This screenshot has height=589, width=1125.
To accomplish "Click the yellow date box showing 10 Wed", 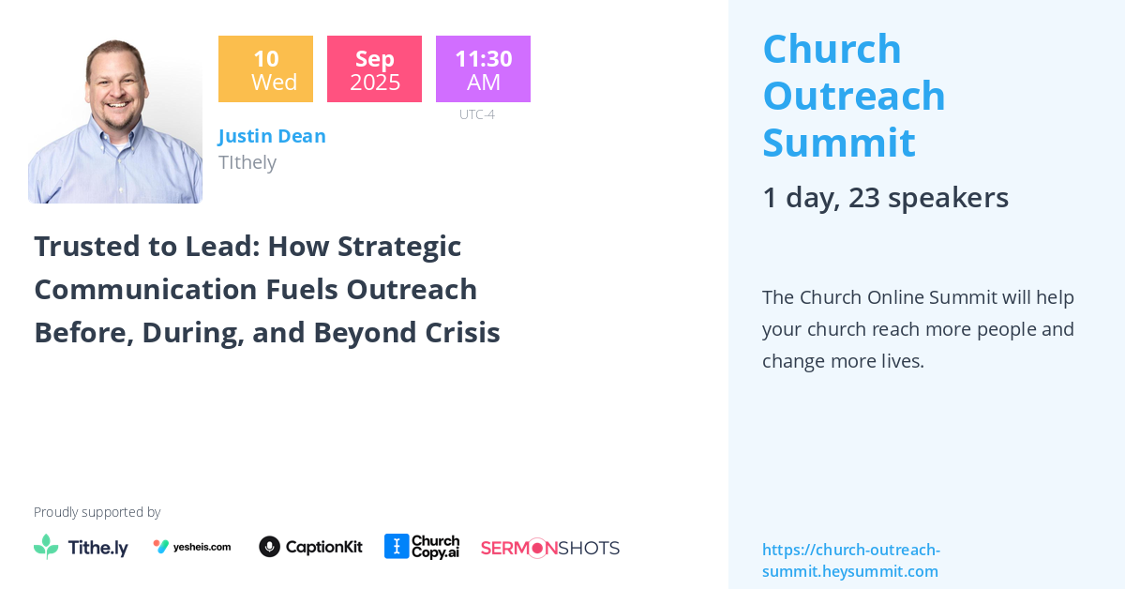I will tap(265, 69).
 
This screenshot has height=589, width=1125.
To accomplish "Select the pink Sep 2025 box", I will tap(374, 69).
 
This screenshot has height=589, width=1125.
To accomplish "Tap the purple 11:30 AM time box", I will tap(483, 69).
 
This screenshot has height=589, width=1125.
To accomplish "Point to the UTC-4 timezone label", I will tap(476, 114).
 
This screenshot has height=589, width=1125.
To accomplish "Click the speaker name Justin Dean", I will tap(272, 136).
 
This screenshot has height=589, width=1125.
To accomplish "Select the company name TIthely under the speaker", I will tap(247, 162).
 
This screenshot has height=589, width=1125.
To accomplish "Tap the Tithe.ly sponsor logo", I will tap(81, 548).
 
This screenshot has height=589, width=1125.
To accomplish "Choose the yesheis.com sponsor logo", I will tap(192, 547).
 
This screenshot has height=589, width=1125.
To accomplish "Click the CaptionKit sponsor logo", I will tap(310, 547).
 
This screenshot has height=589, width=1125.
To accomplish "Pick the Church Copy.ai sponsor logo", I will tap(422, 547).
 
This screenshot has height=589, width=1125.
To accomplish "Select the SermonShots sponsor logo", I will tap(549, 548).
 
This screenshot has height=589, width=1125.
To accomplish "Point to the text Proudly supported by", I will tap(97, 512).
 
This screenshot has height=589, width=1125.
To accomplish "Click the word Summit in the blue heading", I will tap(838, 143).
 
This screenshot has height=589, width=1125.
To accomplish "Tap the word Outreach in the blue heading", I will tap(853, 96).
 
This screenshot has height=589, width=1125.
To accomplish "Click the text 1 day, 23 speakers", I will tap(885, 197).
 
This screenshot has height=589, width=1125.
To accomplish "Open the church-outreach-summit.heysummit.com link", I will tap(850, 560).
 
